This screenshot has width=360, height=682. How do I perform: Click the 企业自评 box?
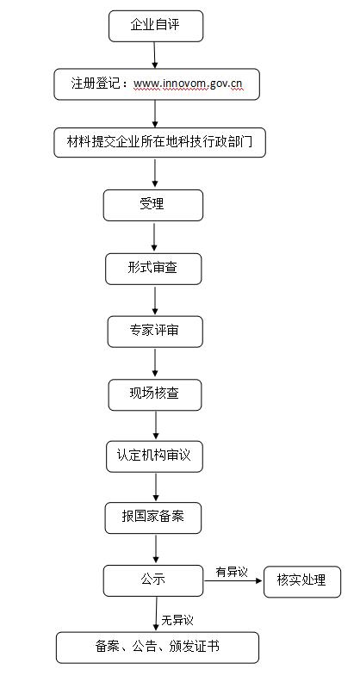[155, 26]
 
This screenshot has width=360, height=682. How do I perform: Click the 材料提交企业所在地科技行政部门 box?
[159, 142]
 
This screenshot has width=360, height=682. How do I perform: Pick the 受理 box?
[152, 205]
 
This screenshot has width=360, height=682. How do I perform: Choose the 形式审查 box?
[153, 268]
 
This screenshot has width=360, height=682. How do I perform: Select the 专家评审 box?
[155, 332]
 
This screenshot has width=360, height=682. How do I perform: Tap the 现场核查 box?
[155, 394]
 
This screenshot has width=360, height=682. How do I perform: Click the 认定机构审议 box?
[155, 456]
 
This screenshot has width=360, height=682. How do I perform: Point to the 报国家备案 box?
[154, 518]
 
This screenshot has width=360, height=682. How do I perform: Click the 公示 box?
[153, 580]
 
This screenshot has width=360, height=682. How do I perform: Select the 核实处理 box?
[301, 580]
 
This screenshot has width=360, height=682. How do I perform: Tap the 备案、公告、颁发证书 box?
[158, 647]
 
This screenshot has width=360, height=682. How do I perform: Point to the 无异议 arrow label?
[177, 619]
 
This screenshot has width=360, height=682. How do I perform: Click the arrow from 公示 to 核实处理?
[233, 581]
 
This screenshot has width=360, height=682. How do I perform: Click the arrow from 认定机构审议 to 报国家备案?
[155, 487]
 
